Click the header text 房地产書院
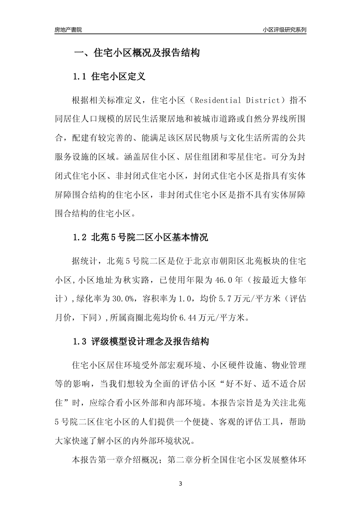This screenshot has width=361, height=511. pyautogui.click(x=68, y=30)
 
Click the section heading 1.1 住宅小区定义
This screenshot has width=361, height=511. pyautogui.click(x=109, y=76)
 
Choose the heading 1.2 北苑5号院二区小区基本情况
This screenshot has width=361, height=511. pyautogui.click(x=141, y=238)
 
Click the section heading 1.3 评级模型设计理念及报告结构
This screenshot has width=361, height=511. pyautogui.click(x=141, y=341)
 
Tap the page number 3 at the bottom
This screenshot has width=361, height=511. pyautogui.click(x=180, y=484)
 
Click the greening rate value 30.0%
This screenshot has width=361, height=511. pyautogui.click(x=122, y=299)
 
